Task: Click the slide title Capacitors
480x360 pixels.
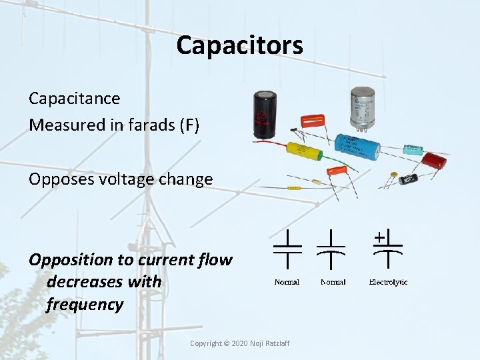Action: pyautogui.click(x=239, y=45)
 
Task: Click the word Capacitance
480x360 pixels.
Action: pyautogui.click(x=74, y=99)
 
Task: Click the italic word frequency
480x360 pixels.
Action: pyautogui.click(x=85, y=305)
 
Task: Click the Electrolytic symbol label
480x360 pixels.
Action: pyautogui.click(x=388, y=282)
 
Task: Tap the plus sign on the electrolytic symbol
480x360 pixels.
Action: pyautogui.click(x=379, y=237)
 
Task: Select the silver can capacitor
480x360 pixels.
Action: pyautogui.click(x=363, y=106)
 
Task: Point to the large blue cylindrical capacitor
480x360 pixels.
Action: pyautogui.click(x=357, y=145)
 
